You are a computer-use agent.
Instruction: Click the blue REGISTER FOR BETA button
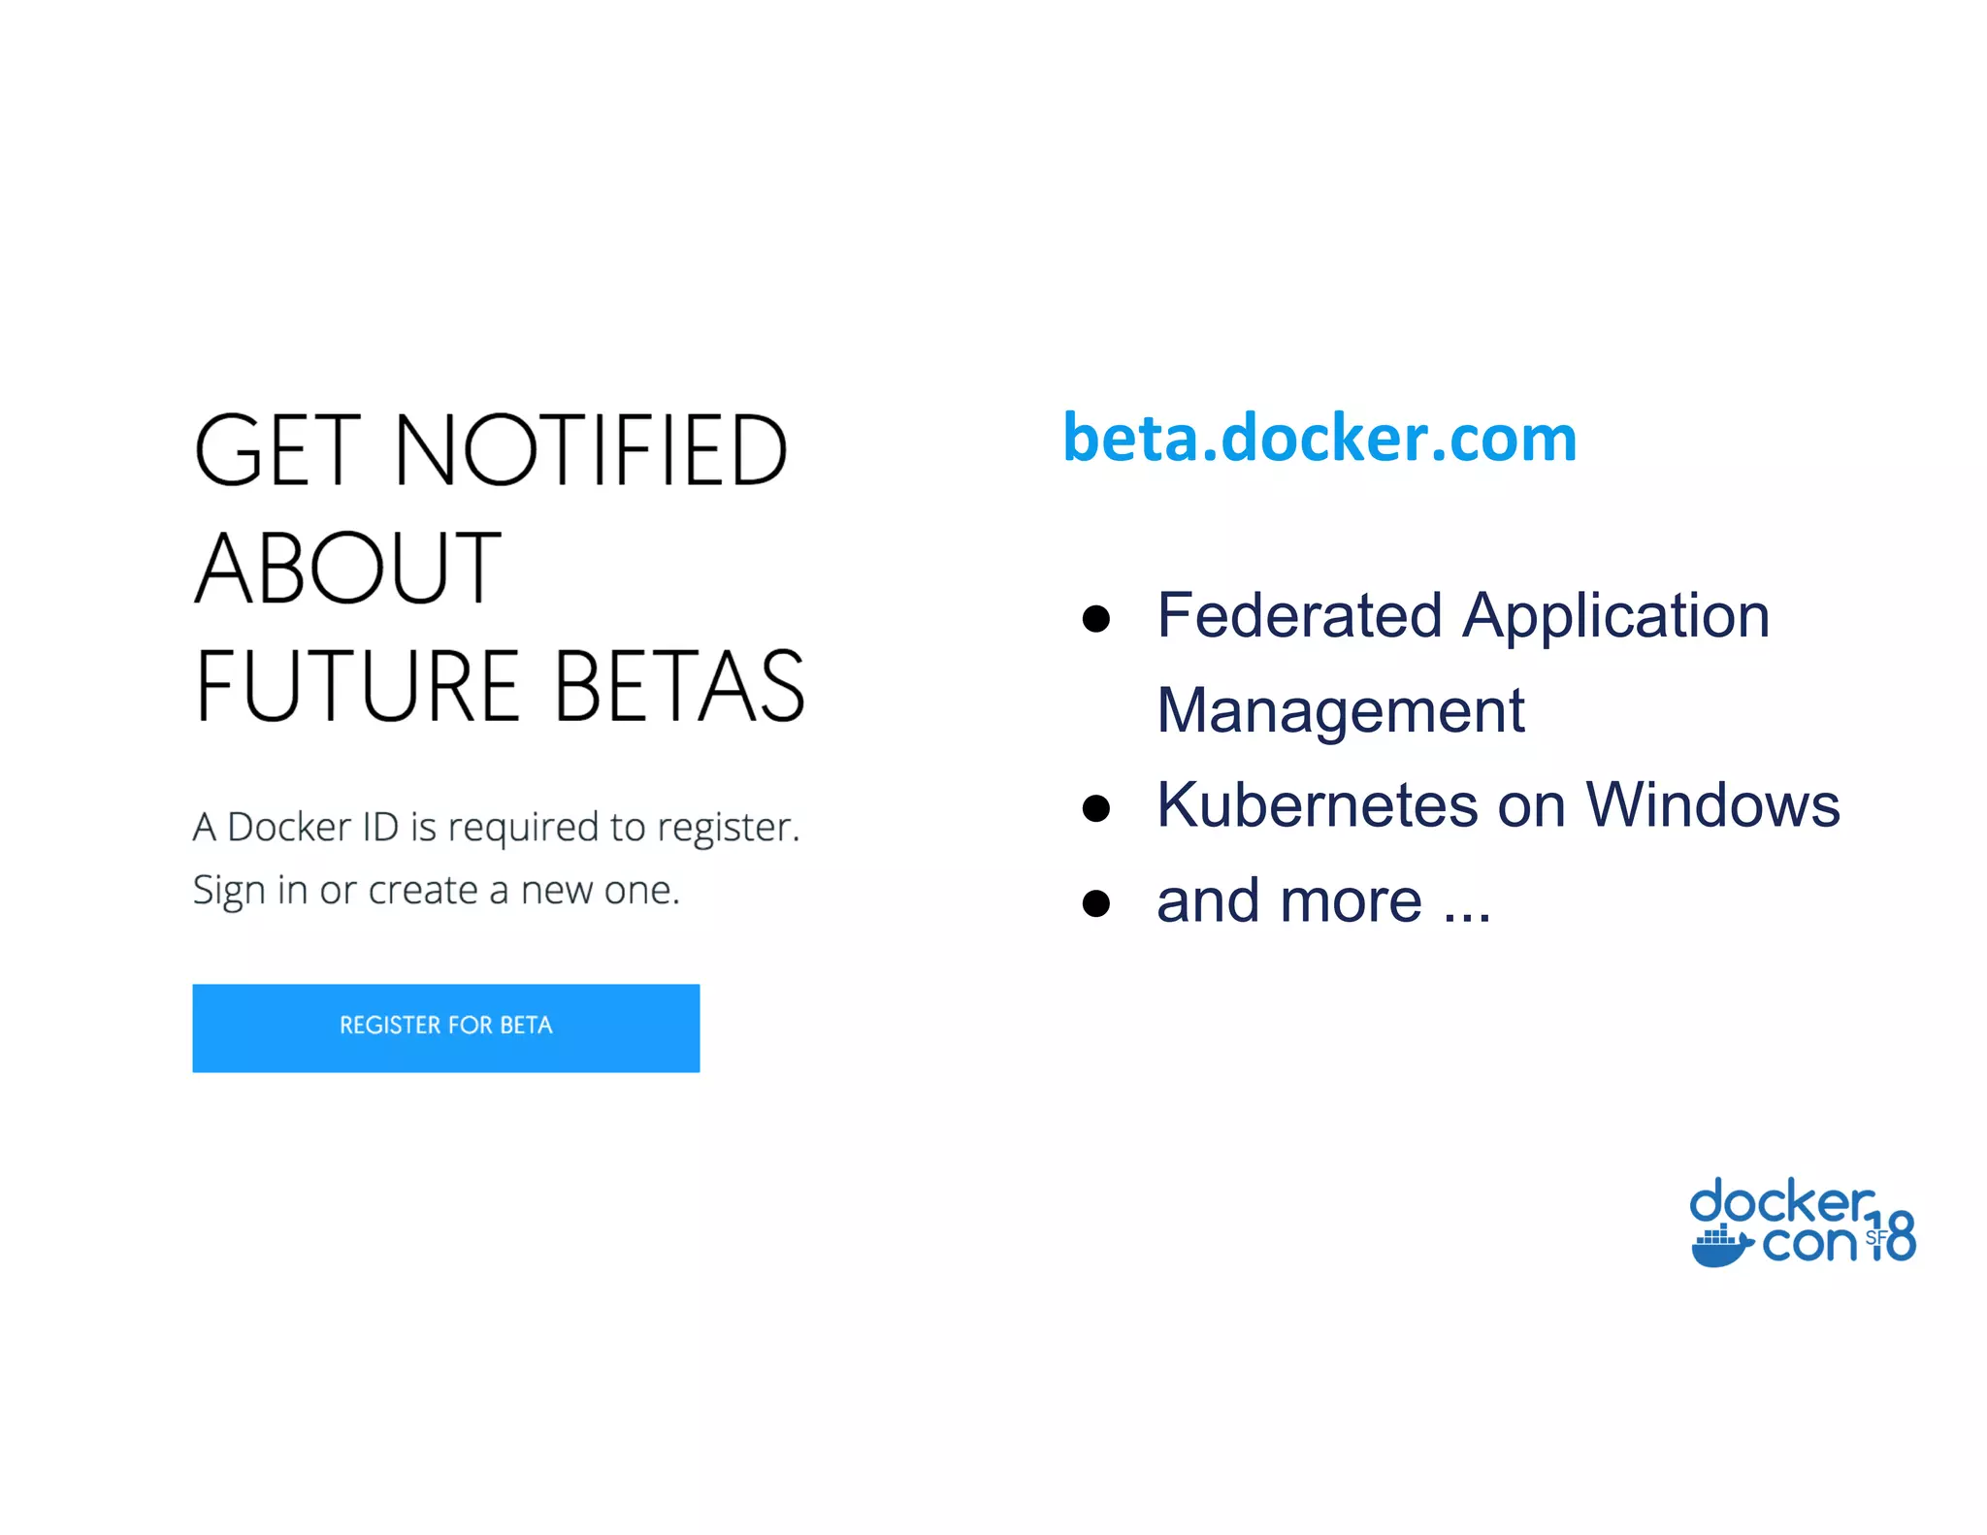[445, 1028]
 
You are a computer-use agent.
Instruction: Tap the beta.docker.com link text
[1319, 439]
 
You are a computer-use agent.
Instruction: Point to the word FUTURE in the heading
[357, 686]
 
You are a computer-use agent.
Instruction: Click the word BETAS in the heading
[678, 686]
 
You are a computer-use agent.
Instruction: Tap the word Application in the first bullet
[1615, 617]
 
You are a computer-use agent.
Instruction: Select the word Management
[1340, 711]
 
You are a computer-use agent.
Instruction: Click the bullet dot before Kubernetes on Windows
[1095, 808]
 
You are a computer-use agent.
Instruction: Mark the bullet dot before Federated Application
[1095, 618]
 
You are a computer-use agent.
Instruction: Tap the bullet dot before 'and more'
[1095, 903]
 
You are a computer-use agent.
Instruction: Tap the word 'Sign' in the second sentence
[228, 891]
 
